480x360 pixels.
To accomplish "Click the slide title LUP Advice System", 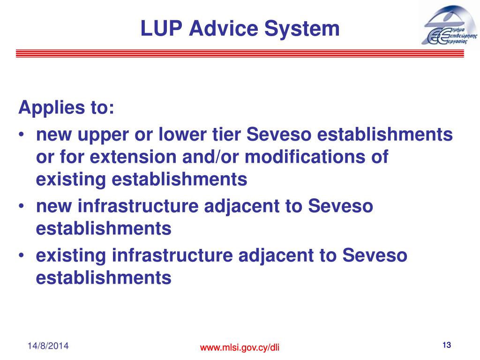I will click(x=240, y=29).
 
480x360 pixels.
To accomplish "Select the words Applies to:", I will click(x=66, y=109).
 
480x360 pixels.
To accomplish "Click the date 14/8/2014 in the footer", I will click(x=48, y=346).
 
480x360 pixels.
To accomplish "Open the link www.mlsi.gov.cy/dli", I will click(x=240, y=347).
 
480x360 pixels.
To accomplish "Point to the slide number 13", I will click(x=446, y=345).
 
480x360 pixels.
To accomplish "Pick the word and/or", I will click(x=216, y=157).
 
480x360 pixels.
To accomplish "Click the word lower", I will click(x=180, y=135).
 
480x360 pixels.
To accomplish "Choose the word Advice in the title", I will click(x=218, y=29).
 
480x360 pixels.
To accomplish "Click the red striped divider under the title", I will click(x=240, y=53).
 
